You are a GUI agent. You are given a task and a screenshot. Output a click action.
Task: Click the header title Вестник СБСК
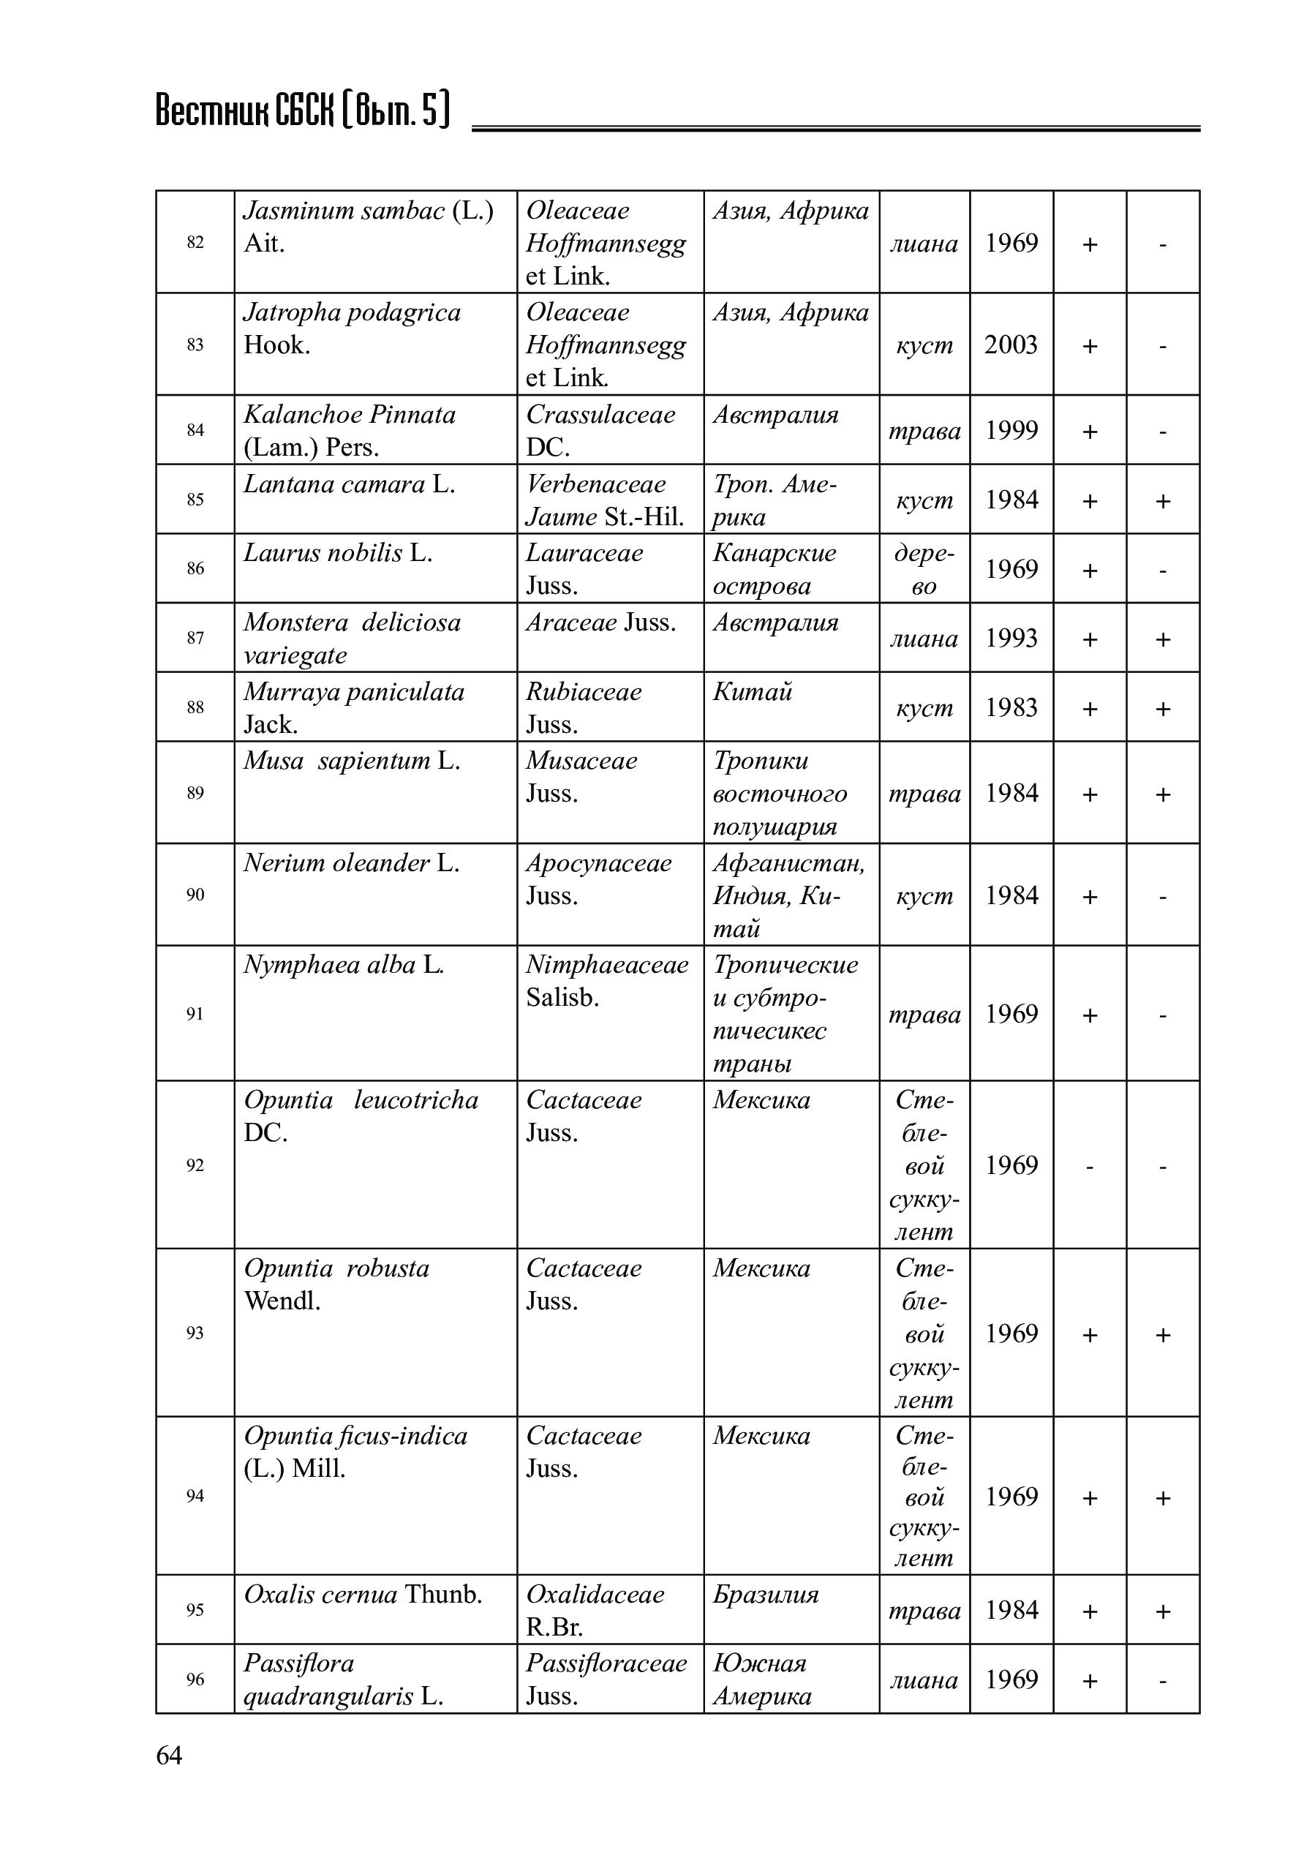(301, 111)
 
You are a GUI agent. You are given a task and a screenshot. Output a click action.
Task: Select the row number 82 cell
(195, 242)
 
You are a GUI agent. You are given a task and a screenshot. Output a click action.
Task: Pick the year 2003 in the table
(1011, 345)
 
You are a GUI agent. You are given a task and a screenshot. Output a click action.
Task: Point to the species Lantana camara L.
(350, 484)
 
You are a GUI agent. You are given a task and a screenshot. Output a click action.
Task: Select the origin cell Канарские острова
(774, 569)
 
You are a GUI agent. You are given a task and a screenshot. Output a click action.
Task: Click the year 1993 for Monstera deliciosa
(1011, 638)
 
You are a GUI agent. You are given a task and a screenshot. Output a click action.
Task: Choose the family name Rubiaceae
(584, 692)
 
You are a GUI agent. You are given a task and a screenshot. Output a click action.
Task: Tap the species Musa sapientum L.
(352, 761)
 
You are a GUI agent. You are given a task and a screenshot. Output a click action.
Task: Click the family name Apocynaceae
(599, 863)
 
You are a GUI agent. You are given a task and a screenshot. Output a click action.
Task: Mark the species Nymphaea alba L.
(344, 966)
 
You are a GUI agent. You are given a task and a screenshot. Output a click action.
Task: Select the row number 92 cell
(195, 1165)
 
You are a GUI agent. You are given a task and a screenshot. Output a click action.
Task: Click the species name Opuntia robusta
(336, 1268)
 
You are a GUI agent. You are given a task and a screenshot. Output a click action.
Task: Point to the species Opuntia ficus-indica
(355, 1436)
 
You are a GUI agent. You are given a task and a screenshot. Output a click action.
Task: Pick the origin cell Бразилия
(765, 1595)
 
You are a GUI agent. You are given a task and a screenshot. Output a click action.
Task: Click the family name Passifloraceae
(606, 1663)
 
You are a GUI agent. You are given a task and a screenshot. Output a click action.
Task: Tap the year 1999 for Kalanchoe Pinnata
(1011, 430)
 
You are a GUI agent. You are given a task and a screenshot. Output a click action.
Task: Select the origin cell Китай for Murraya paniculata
(753, 692)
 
